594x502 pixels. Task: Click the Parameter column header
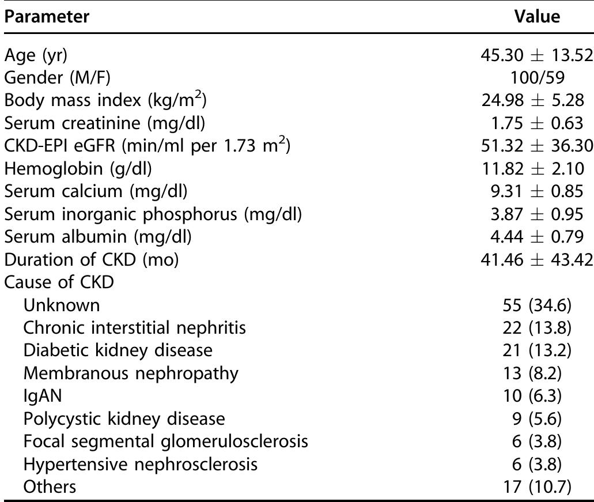click(47, 17)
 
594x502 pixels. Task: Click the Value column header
click(537, 17)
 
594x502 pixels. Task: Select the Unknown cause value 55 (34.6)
click(537, 305)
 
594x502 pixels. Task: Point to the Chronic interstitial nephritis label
click(135, 327)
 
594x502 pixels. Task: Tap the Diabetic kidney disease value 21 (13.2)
click(537, 350)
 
